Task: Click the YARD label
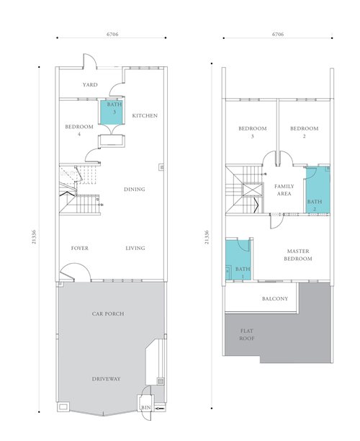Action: (90, 84)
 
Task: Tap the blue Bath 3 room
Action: (112, 112)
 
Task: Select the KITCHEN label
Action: (145, 115)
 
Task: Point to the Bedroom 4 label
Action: (79, 130)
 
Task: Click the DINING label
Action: (135, 190)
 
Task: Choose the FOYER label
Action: (79, 249)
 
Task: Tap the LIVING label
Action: (135, 248)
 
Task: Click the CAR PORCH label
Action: (108, 313)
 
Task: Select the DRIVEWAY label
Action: (107, 379)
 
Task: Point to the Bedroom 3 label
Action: (253, 132)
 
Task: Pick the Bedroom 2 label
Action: (304, 132)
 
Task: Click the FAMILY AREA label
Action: (284, 190)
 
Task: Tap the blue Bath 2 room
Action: (318, 190)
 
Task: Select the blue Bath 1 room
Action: (238, 260)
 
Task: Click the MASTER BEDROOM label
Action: (298, 255)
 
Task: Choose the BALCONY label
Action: (275, 299)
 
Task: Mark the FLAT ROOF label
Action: (246, 334)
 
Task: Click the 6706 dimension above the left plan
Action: (112, 35)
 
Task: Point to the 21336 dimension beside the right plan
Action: (207, 237)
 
